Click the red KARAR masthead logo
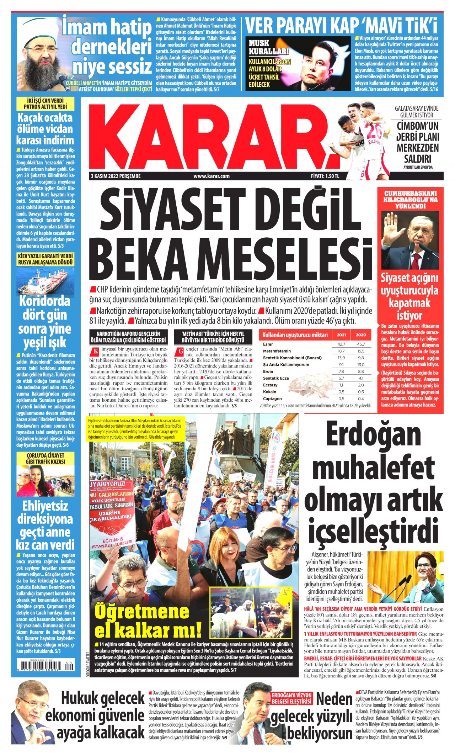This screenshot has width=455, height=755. point(213,137)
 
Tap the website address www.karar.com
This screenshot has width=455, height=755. point(211,176)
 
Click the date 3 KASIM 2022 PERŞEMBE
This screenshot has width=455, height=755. point(116,176)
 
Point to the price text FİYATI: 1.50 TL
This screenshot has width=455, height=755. point(325,176)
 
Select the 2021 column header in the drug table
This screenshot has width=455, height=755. point(341,335)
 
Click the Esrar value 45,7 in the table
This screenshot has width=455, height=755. point(361,344)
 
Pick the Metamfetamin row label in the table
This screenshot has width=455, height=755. point(277,351)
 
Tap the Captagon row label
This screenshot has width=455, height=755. point(272,399)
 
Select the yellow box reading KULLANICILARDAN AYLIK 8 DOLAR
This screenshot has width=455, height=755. point(270,73)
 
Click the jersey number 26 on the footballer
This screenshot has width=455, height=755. point(373,131)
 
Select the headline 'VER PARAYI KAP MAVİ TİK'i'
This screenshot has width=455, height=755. point(341,26)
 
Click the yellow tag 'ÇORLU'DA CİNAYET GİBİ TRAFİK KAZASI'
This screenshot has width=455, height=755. point(45,459)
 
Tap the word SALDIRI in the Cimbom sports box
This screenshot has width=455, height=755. point(417,159)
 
